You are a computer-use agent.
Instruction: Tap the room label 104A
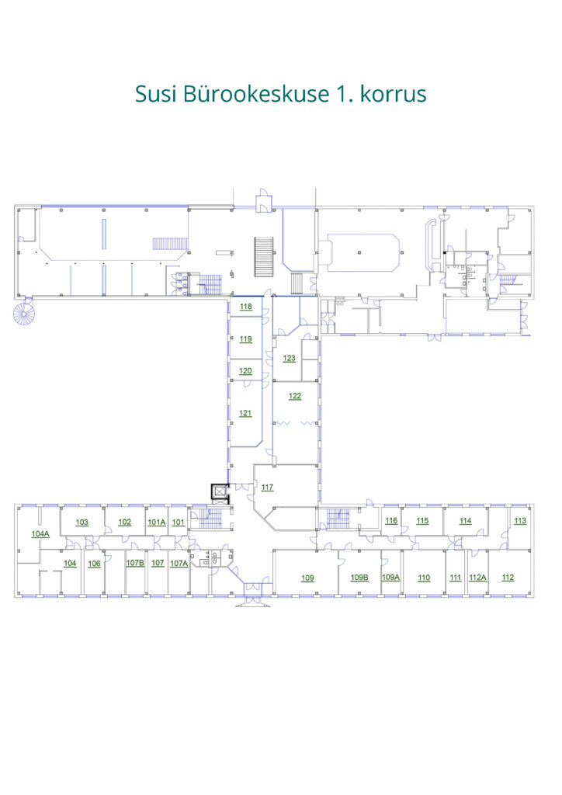[x=40, y=533]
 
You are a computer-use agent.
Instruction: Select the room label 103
[x=82, y=522]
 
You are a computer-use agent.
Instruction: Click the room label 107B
[x=135, y=563]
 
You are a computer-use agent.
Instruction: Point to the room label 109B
[x=360, y=577]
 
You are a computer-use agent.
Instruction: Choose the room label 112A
[x=478, y=577]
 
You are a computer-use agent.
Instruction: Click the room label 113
[x=520, y=521]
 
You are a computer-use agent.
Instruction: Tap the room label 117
[x=268, y=488]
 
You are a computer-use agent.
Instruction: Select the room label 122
[x=295, y=396]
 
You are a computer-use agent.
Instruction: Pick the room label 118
[x=246, y=306]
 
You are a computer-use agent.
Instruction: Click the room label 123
[x=290, y=358]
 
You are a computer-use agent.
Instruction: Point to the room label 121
[x=245, y=413]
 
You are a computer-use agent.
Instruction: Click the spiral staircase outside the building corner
[x=23, y=314]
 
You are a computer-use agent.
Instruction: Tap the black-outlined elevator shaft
[x=220, y=493]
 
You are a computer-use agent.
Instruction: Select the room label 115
[x=422, y=521]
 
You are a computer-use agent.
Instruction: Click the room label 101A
[x=157, y=522]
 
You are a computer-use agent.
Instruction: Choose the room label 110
[x=424, y=578]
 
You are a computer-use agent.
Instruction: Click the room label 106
[x=94, y=564]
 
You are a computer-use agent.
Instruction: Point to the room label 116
[x=391, y=521]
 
